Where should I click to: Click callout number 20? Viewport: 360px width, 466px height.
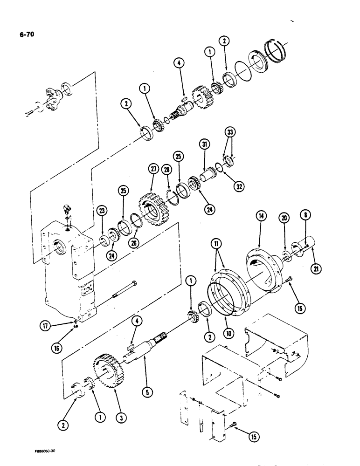tap(284, 217)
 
